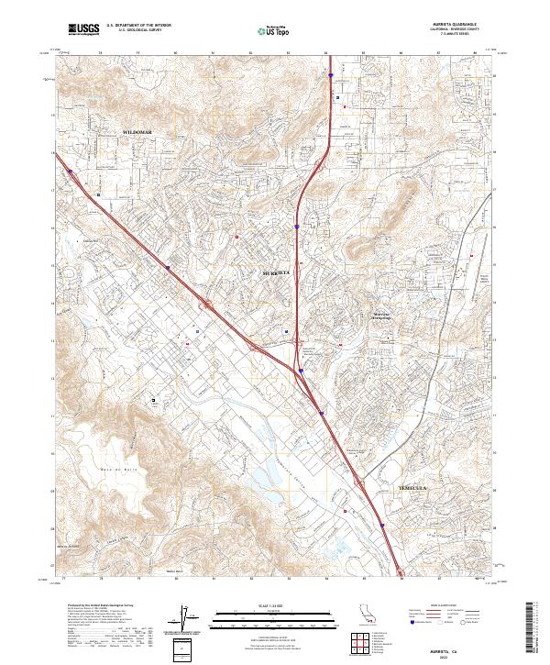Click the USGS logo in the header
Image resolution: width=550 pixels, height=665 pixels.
click(x=83, y=29)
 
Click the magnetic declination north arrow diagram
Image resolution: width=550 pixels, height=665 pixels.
click(x=183, y=620)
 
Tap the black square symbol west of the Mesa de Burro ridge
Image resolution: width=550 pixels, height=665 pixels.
click(x=152, y=400)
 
